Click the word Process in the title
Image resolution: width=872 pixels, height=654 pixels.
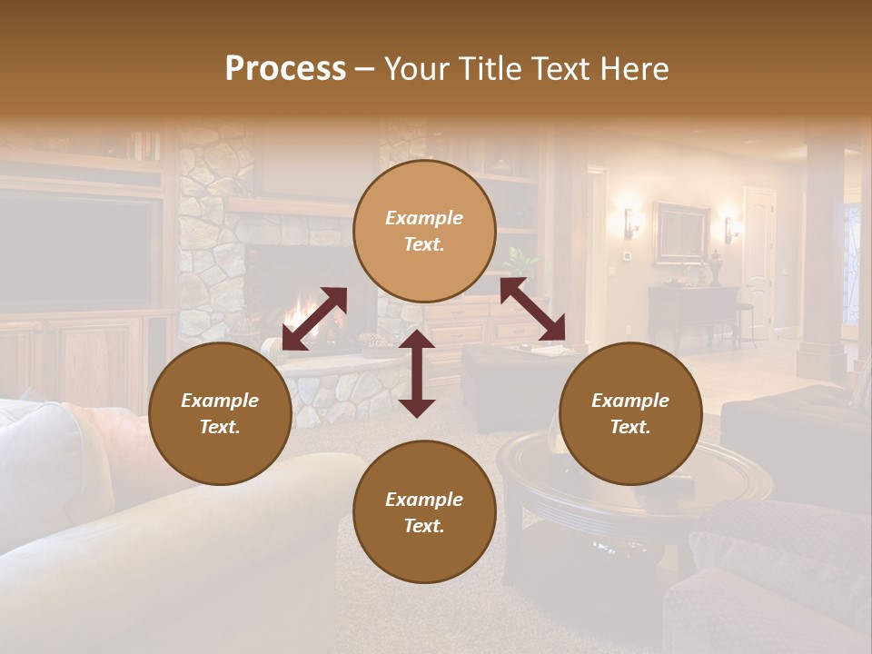(285, 69)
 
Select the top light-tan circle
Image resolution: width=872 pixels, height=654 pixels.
(424, 232)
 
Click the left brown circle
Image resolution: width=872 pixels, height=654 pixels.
(220, 413)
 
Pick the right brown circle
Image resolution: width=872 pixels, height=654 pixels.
(629, 413)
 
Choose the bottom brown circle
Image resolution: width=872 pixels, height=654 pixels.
(424, 512)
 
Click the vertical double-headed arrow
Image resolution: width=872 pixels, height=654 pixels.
(417, 373)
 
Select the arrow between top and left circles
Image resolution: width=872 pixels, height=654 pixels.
(314, 319)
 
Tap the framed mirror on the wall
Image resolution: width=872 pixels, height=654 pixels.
(680, 232)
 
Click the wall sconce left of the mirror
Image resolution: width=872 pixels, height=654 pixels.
(629, 221)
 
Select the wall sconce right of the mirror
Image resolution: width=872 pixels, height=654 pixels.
(728, 227)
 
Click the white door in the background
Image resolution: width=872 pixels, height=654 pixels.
(758, 259)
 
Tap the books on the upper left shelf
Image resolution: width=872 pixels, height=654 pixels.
(144, 145)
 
